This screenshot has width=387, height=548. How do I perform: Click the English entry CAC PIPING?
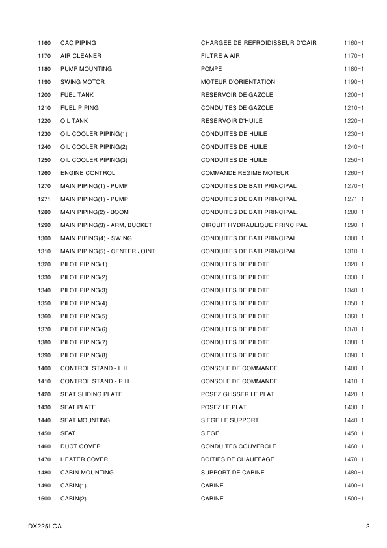[78, 43]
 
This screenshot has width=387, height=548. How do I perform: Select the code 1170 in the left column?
[44, 56]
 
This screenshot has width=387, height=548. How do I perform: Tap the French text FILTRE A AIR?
[220, 56]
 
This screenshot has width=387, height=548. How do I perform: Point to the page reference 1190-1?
[353, 82]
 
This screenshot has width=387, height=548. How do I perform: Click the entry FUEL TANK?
[77, 95]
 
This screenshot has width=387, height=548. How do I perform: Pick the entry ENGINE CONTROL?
[88, 173]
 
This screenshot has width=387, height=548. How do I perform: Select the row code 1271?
[44, 199]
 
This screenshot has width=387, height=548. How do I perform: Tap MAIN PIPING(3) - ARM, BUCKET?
[106, 225]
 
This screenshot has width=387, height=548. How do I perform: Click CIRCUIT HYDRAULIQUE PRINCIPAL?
[254, 225]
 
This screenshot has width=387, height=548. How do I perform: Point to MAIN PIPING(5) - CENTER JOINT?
[108, 251]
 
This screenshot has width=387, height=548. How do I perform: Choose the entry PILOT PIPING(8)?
[84, 355]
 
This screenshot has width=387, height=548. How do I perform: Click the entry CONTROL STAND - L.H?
[95, 368]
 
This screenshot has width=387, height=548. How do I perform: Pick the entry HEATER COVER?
[85, 459]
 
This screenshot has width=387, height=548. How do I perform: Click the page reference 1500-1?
[353, 499]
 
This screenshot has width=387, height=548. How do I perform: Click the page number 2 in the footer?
[367, 526]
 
